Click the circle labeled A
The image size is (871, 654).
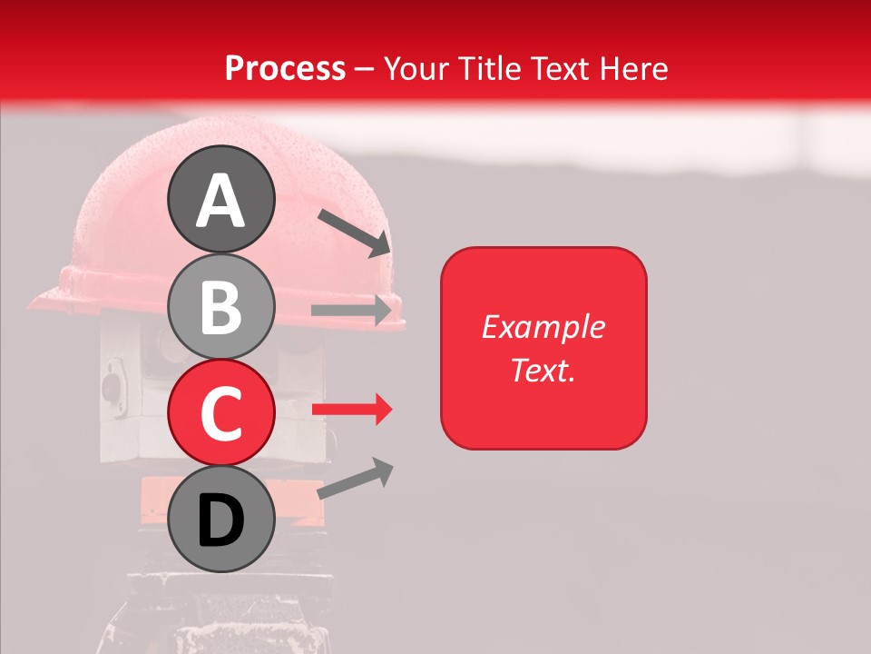(220, 200)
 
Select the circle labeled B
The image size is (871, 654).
(220, 306)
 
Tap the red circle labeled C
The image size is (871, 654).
(220, 412)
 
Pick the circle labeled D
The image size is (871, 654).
(220, 519)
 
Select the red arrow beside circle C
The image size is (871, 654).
(352, 410)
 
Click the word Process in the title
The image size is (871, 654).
(285, 68)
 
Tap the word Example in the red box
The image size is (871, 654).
(543, 327)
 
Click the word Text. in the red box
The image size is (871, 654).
(543, 370)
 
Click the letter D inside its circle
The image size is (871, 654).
(220, 521)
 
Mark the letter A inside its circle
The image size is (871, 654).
(220, 202)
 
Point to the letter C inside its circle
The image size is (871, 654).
(220, 414)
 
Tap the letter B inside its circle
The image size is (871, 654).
(220, 308)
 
